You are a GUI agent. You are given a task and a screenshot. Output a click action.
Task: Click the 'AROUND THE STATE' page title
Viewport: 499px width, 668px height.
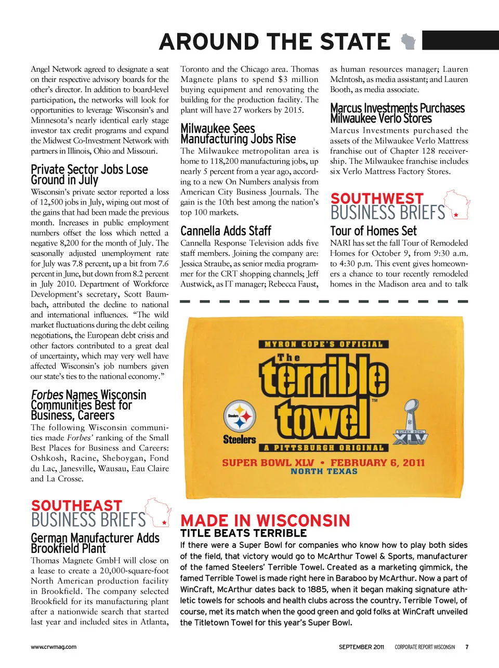[274, 42]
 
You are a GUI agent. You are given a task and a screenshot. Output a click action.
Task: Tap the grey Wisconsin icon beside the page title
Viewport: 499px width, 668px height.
[409, 42]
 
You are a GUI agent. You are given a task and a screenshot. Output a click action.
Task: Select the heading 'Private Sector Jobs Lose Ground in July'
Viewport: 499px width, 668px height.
[89, 175]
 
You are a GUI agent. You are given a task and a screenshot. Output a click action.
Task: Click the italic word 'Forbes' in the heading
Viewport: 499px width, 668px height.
[47, 395]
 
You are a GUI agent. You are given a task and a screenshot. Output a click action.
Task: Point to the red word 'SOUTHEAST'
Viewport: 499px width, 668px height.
[76, 505]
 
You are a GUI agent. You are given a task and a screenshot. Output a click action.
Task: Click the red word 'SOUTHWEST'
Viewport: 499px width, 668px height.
[377, 199]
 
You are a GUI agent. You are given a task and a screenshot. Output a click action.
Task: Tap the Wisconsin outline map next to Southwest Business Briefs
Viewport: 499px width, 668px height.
[457, 205]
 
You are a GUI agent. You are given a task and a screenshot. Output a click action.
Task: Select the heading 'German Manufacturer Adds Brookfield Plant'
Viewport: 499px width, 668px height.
[95, 543]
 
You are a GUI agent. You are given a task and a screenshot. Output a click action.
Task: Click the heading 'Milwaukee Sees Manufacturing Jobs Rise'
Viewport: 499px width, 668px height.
[238, 134]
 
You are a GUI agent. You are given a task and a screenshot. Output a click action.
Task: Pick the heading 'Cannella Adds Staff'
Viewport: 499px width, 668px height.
[226, 231]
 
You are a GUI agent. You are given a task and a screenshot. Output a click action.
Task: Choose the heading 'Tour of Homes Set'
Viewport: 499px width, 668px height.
[373, 231]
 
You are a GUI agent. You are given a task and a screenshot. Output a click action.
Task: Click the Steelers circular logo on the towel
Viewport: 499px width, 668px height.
[240, 416]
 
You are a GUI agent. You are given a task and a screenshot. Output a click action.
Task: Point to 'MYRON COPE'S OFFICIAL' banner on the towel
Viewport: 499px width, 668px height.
[323, 344]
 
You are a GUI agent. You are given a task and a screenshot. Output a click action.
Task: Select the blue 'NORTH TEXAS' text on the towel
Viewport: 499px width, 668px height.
[324, 471]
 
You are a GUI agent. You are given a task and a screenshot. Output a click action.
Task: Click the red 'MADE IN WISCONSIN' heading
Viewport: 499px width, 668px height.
[265, 520]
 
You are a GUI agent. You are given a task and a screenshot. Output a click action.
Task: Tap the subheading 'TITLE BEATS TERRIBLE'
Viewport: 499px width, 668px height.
[243, 533]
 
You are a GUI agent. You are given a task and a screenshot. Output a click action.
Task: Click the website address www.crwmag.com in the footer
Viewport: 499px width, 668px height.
[54, 647]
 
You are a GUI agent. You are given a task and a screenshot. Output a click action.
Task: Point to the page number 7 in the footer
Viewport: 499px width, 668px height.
[467, 647]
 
